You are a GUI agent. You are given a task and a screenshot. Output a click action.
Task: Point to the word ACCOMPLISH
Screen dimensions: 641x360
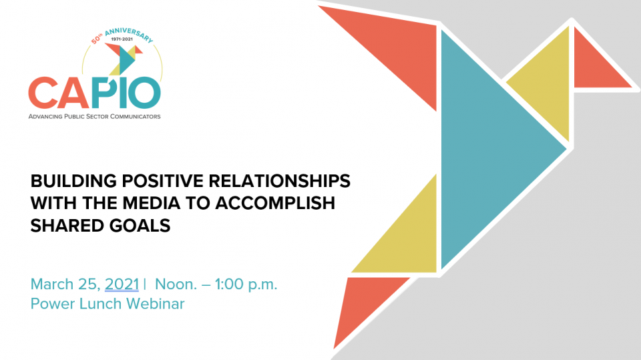pos(275,203)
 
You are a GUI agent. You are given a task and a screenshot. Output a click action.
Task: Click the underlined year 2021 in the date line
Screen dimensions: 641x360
pos(122,285)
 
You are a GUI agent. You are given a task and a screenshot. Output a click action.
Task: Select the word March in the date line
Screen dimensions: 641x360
pos(52,285)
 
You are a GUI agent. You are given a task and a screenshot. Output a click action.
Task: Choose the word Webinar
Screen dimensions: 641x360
pos(156,304)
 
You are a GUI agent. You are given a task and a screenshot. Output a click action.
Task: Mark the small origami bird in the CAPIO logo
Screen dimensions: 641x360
pos(124,59)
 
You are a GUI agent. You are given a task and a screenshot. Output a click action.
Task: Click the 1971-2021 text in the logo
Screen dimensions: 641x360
pos(122,39)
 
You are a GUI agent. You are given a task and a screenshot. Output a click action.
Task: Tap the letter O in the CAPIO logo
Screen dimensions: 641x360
pos(146,92)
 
